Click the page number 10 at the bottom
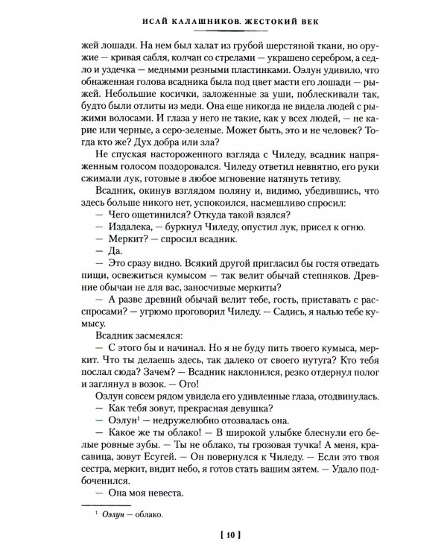pos(223,534)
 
